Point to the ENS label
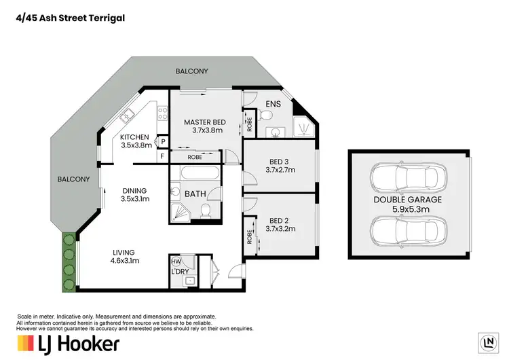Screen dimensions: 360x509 273,105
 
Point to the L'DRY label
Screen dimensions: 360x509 180,272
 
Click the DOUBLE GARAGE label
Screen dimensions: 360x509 407,200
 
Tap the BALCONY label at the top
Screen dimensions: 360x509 191,71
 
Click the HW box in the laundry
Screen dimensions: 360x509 176,262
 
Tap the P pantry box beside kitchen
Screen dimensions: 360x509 162,141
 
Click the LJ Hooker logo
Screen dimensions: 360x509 68,343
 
